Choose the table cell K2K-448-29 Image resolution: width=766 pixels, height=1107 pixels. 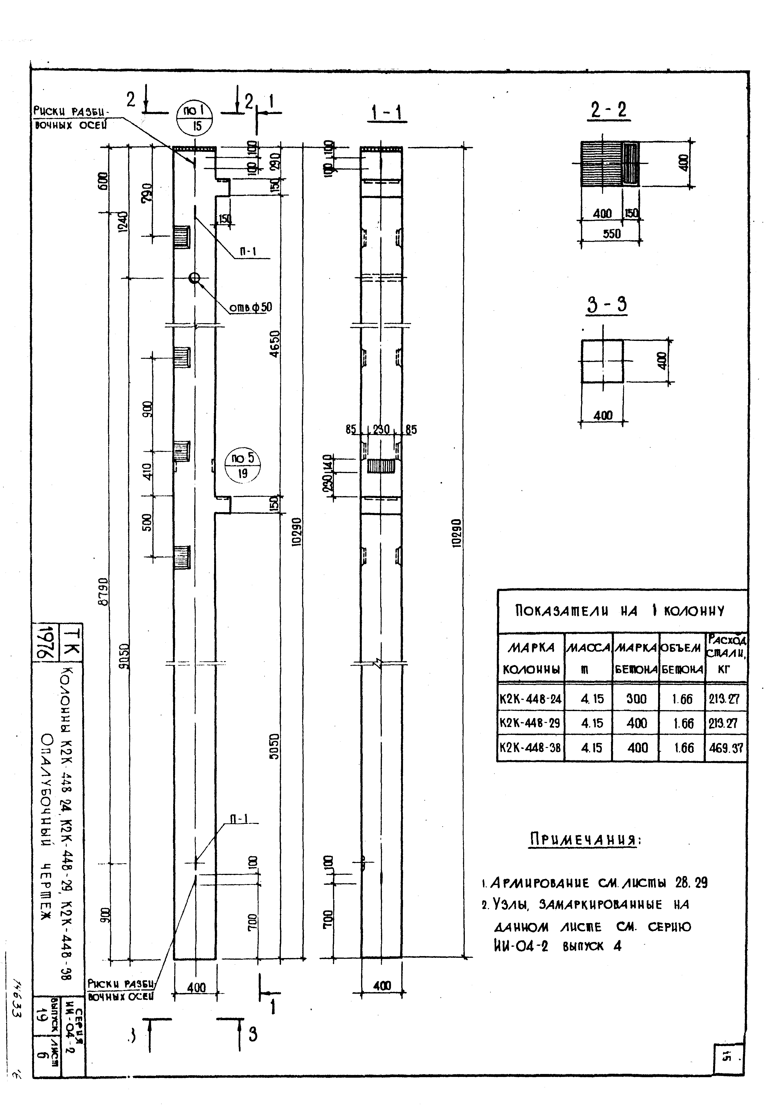(530, 723)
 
